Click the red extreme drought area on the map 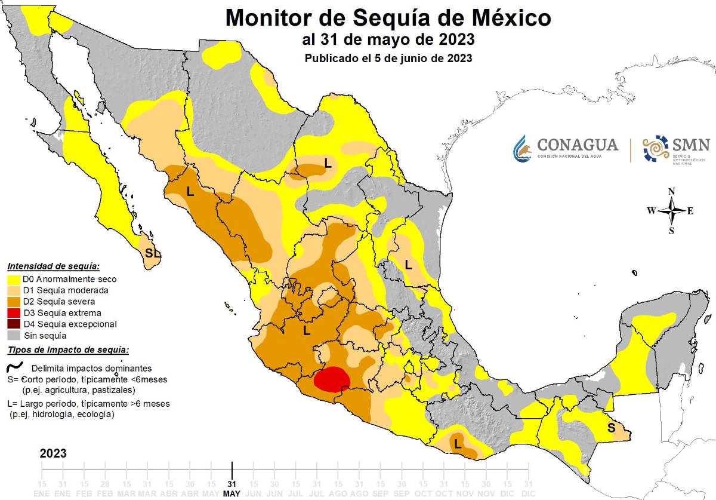point(332,380)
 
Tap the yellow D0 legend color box point(15,279)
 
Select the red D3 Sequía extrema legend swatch point(15,313)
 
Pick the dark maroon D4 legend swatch point(15,324)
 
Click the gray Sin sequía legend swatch point(15,336)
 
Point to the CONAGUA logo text point(577,145)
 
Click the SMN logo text point(691,145)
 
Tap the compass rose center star point(671,210)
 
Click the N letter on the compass point(671,191)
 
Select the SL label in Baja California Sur point(153,253)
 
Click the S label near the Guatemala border point(611,428)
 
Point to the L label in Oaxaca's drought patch point(458,444)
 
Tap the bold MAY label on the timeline point(232,493)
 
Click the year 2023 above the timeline point(53,453)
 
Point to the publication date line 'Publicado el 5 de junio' point(388,59)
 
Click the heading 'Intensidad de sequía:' point(53,266)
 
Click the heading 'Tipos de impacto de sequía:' point(67,351)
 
